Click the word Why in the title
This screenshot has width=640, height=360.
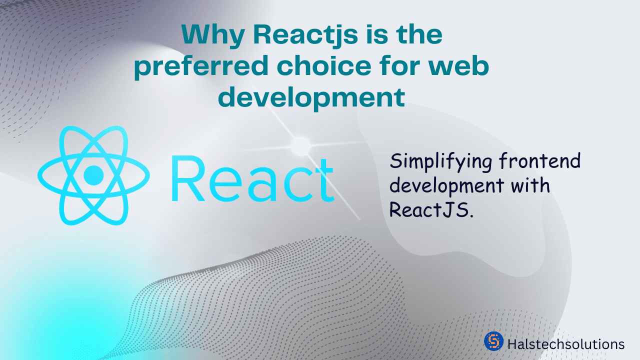click(213, 35)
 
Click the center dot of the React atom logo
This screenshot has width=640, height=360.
click(93, 175)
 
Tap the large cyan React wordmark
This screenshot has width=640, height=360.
click(252, 178)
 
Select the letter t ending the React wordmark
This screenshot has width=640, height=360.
click(324, 179)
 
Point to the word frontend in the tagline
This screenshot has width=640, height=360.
click(540, 160)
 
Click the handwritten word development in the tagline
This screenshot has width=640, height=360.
click(446, 186)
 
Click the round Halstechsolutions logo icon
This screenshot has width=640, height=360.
click(493, 341)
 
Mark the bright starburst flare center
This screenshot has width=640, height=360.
click(300, 146)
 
